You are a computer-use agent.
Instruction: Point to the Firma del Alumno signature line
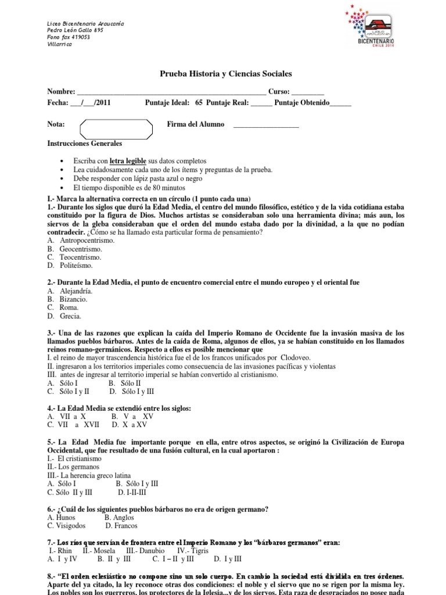tap(265, 126)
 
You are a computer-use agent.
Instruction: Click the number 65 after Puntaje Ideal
tap(199, 103)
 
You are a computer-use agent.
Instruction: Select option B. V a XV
tap(137, 417)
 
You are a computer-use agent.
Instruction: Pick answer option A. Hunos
tap(63, 517)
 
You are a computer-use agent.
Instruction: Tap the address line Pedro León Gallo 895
tap(75, 30)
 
